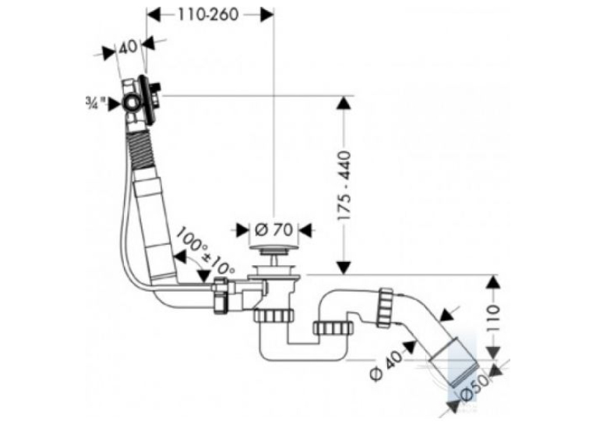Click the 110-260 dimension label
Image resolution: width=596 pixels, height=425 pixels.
[x=208, y=15]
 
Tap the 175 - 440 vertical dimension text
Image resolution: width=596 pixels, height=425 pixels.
[x=344, y=186]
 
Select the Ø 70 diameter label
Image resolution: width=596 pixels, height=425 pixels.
[x=273, y=229]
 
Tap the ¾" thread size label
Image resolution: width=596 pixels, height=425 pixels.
[x=95, y=103]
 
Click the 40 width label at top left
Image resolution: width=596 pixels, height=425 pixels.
[x=128, y=47]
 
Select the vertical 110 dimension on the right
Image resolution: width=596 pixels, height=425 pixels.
[x=493, y=317]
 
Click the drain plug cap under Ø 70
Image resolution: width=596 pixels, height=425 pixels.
[x=273, y=250]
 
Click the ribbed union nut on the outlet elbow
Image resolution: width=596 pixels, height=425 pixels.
[x=386, y=308]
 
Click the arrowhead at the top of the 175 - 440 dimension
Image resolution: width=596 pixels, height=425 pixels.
[x=344, y=104]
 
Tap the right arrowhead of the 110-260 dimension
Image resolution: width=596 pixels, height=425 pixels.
[x=266, y=15]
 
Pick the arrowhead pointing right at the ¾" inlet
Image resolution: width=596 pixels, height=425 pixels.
[x=115, y=104]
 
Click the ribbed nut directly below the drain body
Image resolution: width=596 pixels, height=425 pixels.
[x=274, y=316]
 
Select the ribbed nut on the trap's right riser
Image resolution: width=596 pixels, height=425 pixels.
[x=333, y=328]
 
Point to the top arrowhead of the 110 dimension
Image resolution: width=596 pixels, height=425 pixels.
[x=493, y=283]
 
